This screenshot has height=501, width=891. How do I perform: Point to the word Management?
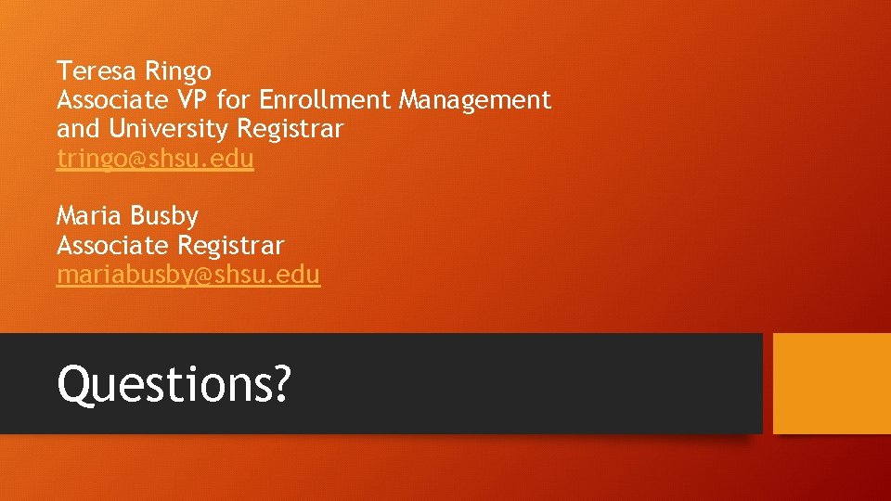[x=475, y=100]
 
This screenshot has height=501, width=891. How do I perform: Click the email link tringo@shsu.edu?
[x=155, y=159]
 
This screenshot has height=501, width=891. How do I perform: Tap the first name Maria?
[x=90, y=217]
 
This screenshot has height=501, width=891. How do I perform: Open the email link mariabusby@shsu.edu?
[x=188, y=276]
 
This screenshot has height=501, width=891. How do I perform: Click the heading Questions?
[x=174, y=383]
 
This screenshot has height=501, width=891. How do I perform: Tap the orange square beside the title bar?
[x=832, y=383]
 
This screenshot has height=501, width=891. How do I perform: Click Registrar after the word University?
[x=291, y=129]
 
